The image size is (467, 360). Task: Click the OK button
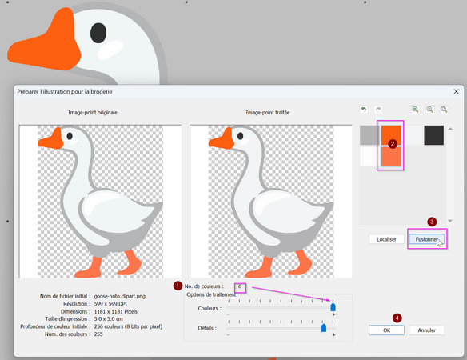tap(386, 330)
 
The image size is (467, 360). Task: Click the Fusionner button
tap(426, 239)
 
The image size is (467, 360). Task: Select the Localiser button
tap(386, 239)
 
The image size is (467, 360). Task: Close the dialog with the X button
tap(456, 91)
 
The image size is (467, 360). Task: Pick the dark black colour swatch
tap(433, 135)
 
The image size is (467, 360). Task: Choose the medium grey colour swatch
tap(369, 135)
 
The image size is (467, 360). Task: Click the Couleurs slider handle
tap(333, 307)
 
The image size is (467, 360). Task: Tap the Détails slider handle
tap(324, 328)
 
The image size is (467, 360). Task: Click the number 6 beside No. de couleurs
tap(240, 286)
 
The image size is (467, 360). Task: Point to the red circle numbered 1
tap(178, 286)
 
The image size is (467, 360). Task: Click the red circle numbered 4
tap(397, 318)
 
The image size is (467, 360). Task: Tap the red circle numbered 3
tap(432, 222)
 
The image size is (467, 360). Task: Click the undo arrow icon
tap(363, 110)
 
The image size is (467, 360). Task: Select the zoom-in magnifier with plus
tap(415, 110)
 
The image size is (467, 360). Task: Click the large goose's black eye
tap(98, 33)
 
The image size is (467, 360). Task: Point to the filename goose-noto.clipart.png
tap(120, 296)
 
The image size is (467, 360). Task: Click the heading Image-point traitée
tap(267, 112)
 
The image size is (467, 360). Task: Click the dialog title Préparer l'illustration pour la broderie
tap(65, 92)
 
